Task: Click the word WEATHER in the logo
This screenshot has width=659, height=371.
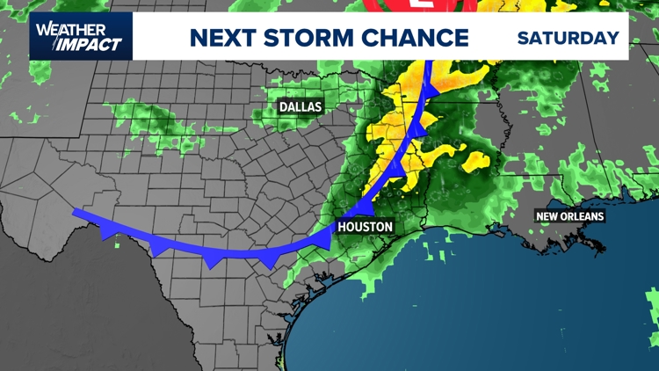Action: [71, 29]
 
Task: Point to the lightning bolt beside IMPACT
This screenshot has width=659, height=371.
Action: [54, 44]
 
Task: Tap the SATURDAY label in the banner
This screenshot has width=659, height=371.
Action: [568, 39]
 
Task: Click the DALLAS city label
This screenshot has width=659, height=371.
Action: [301, 107]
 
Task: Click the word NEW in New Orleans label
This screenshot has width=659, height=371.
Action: [550, 216]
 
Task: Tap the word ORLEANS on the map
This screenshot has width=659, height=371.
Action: [583, 216]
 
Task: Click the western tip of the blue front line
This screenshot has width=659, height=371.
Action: [75, 211]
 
